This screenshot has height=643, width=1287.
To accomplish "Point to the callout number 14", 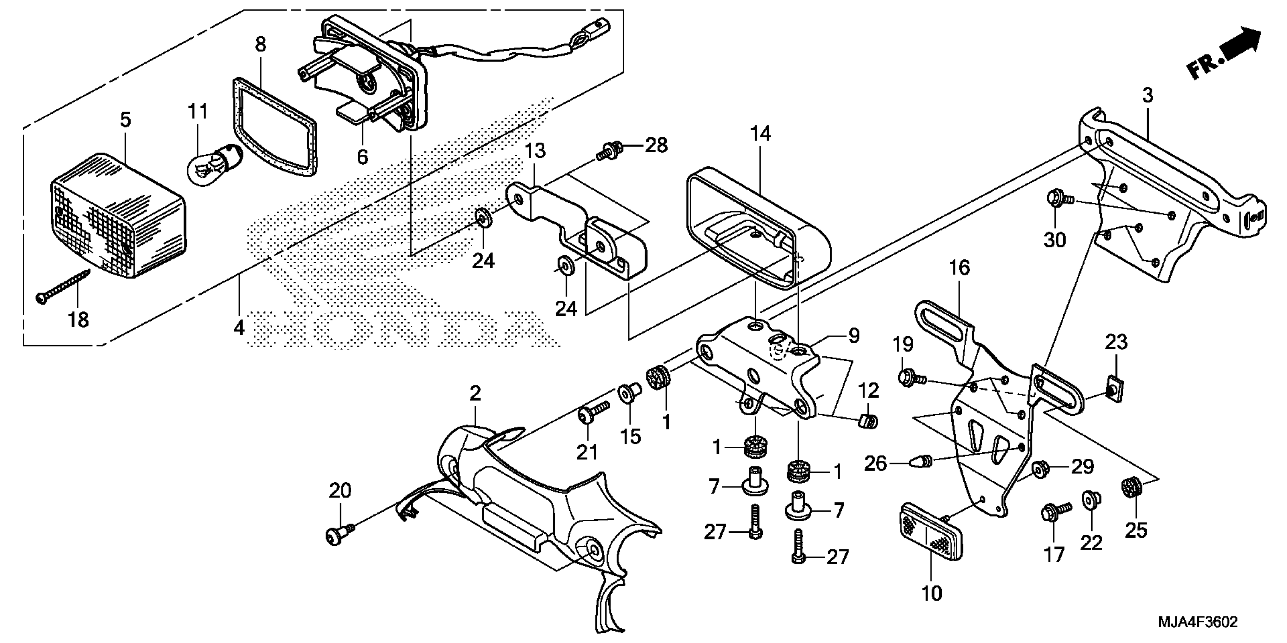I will [760, 134].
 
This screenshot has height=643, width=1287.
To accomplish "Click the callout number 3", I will [1148, 95].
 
